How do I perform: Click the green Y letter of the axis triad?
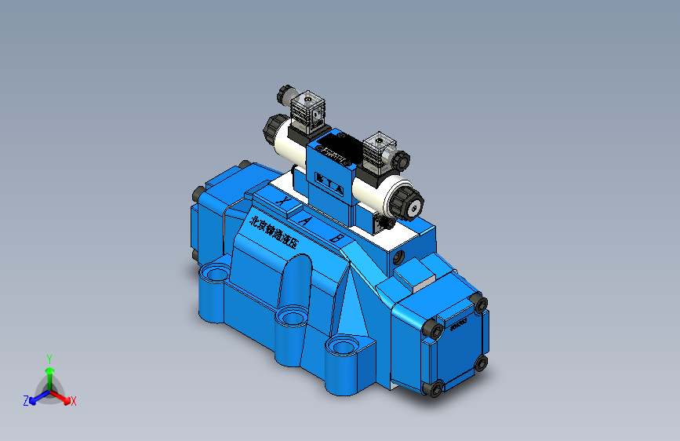pyautogui.click(x=49, y=357)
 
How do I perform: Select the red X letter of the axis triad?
pyautogui.click(x=73, y=401)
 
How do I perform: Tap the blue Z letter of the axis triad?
pyautogui.click(x=26, y=401)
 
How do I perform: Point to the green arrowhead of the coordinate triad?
pyautogui.click(x=49, y=370)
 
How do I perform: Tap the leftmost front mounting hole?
pyautogui.click(x=214, y=275)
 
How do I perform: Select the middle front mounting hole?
pyautogui.click(x=290, y=317)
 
